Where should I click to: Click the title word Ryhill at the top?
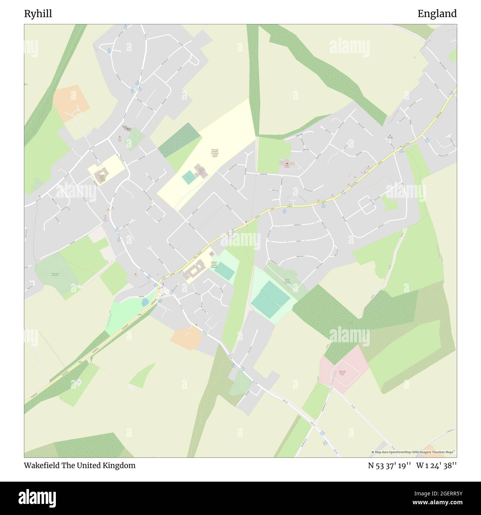[38, 14]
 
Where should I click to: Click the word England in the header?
[437, 14]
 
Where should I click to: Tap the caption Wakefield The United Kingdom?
[80, 465]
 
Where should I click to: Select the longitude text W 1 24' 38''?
[437, 465]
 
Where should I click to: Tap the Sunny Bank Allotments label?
[55, 275]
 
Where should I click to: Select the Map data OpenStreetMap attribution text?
[414, 452]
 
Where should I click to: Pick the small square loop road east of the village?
[367, 205]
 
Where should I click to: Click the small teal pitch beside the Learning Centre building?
[189, 178]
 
